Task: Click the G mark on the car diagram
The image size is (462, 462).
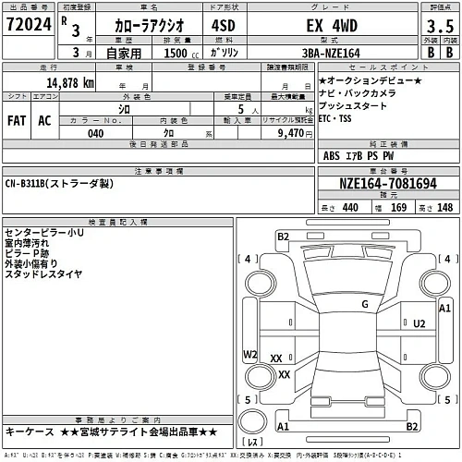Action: click(x=365, y=303)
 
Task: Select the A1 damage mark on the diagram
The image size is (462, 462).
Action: click(x=444, y=307)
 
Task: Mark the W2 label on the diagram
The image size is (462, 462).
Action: click(x=249, y=354)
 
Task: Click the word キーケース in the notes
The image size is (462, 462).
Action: click(x=28, y=432)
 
